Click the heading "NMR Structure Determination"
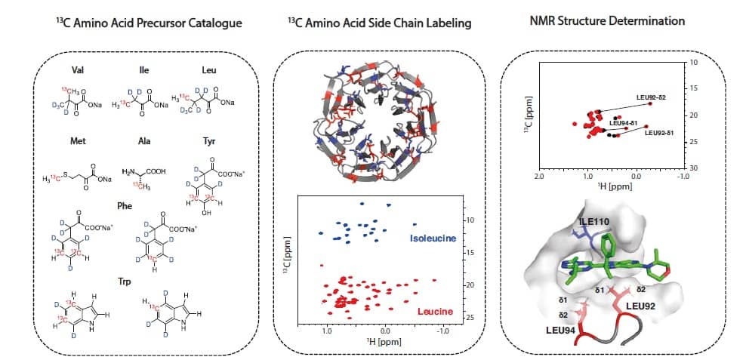tap(607, 21)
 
